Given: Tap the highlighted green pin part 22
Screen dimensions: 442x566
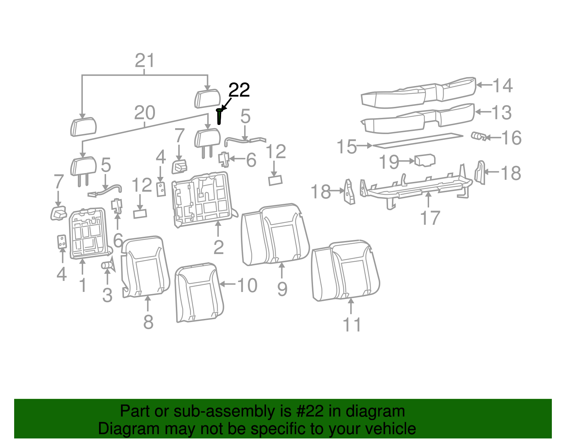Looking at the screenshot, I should click(x=219, y=117).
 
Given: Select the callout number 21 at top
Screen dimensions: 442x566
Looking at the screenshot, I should click(x=145, y=61).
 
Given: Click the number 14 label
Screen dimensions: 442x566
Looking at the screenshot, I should click(x=502, y=86).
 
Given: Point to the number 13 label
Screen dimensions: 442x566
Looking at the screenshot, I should click(x=502, y=113).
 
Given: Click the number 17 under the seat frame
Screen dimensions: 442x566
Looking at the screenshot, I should click(x=430, y=218).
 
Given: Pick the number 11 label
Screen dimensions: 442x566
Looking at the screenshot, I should click(x=352, y=325).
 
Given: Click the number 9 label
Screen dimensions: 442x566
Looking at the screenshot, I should click(x=282, y=289).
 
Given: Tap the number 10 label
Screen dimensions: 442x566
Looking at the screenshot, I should click(x=247, y=285).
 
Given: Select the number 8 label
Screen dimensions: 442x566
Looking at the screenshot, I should click(x=148, y=322).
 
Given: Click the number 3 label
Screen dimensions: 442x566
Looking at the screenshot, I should click(x=107, y=295).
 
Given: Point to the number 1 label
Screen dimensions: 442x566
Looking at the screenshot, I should click(x=83, y=285).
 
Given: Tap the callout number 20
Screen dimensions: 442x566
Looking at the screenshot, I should click(x=145, y=113).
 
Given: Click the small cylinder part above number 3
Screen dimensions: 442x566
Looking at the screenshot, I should click(x=106, y=265).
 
